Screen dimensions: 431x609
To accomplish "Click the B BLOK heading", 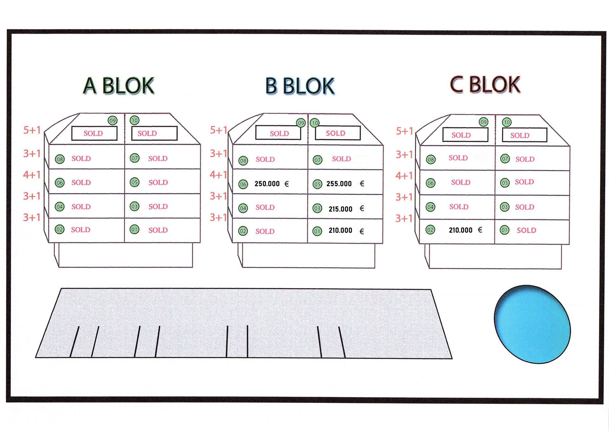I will (x=300, y=86).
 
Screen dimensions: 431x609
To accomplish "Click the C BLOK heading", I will (x=485, y=85).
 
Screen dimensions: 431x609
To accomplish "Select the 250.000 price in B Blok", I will (x=267, y=184).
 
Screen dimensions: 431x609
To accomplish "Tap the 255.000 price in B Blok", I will (x=339, y=184).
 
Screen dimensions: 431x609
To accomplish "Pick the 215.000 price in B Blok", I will (x=340, y=209).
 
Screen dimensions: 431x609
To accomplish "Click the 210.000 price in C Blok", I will (x=461, y=230).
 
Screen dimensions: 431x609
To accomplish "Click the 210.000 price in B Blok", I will (x=340, y=231).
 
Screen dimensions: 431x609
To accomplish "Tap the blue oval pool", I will (x=532, y=324).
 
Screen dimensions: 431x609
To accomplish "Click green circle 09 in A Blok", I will (x=113, y=121).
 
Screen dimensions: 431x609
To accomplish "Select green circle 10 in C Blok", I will (x=507, y=122).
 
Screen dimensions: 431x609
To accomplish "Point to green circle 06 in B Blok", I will (x=243, y=184).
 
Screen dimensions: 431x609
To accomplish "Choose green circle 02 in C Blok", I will (x=430, y=230).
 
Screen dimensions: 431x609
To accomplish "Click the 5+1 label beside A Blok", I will (x=32, y=130).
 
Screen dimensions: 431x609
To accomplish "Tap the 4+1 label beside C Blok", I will (x=404, y=176).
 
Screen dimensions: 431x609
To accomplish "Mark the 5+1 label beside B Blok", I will (x=219, y=130).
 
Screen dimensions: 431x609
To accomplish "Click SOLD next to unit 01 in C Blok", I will (x=526, y=231).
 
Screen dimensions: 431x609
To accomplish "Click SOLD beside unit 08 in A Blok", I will (x=81, y=159).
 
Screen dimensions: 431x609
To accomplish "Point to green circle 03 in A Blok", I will (x=134, y=206).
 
